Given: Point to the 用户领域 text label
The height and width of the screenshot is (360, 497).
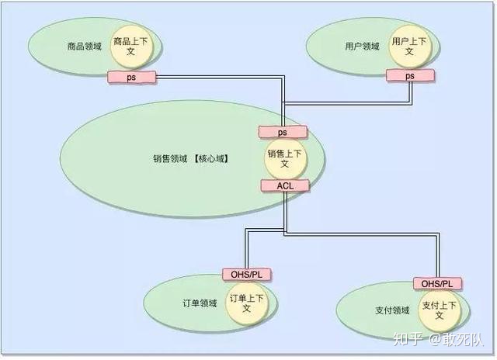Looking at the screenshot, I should click(x=362, y=46).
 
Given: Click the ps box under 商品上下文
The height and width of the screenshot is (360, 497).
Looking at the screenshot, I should click(x=131, y=77).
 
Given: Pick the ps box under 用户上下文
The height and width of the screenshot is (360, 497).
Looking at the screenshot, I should click(x=409, y=76).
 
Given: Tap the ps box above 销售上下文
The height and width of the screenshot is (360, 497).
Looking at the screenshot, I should click(x=283, y=133).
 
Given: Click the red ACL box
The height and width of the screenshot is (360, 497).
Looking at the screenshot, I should click(x=283, y=185).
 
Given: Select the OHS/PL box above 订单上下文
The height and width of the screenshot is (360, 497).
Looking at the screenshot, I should click(x=245, y=274).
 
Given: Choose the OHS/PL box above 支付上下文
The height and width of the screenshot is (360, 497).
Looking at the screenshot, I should click(x=437, y=283).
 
